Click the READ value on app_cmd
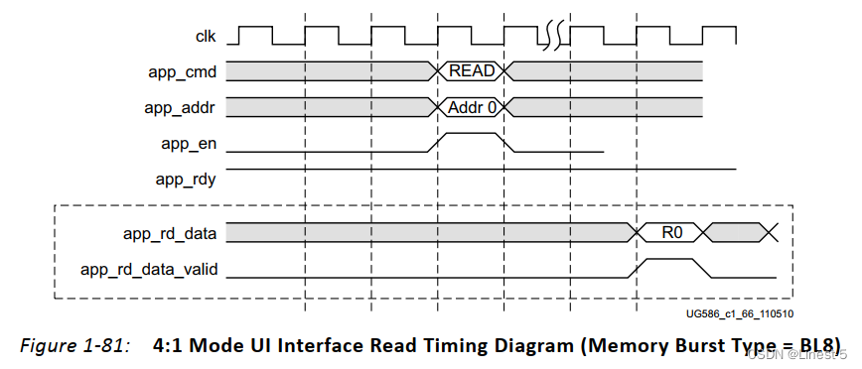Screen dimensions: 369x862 tap(472, 71)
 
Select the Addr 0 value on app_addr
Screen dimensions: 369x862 tap(472, 106)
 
